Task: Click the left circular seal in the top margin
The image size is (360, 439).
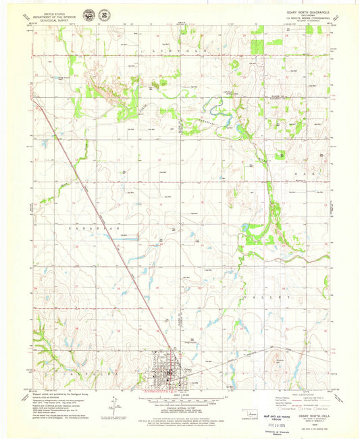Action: (89, 14)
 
